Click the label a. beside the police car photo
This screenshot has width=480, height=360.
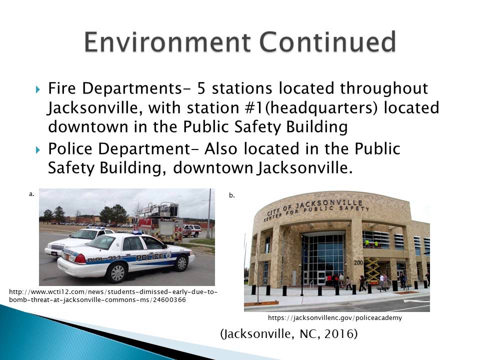click(31, 194)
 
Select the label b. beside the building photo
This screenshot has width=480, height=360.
click(231, 195)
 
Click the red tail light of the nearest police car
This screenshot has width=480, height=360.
click(80, 258)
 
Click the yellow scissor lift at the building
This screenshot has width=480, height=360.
click(372, 270)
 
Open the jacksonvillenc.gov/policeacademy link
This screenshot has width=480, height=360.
click(334, 317)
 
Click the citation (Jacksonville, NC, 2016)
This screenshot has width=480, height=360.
click(288, 334)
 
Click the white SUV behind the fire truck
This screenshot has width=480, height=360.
click(191, 230)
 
